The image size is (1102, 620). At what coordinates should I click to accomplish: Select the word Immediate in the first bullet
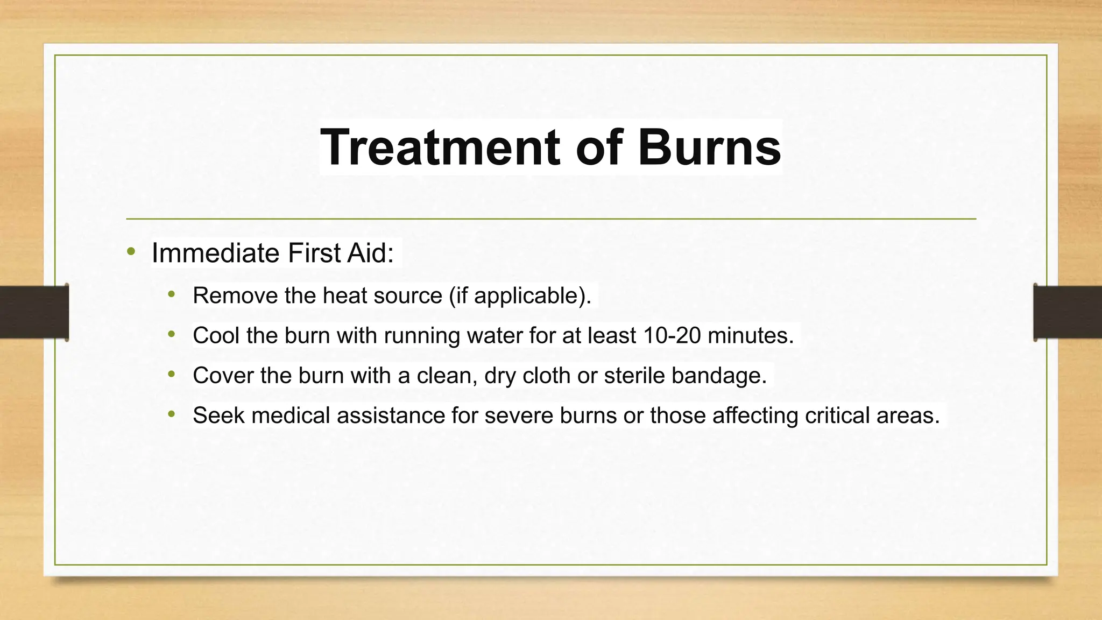coord(215,253)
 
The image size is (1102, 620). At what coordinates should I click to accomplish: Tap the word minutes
coord(751,335)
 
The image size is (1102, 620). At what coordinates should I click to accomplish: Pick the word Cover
coord(223,375)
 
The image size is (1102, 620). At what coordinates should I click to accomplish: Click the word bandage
coord(719,375)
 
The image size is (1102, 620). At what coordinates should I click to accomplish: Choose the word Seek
coord(218,415)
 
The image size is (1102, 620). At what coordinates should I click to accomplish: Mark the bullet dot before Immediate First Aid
coord(131,251)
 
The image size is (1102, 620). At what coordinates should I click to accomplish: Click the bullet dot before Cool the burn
coord(172,334)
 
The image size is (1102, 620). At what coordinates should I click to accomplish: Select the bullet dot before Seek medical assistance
coord(172,414)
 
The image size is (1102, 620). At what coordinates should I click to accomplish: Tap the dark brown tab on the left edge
coord(34,312)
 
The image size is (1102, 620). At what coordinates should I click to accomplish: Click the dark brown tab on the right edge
coord(1068,312)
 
